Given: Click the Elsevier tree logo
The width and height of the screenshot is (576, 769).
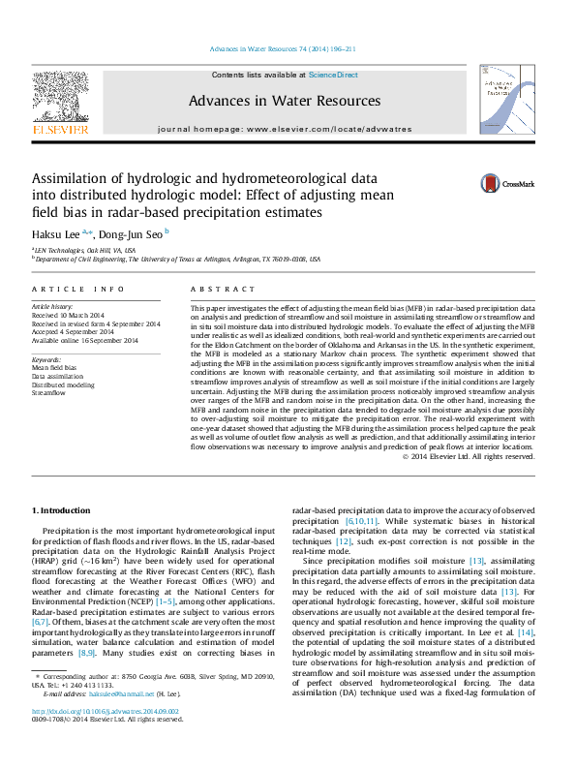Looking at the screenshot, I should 61,97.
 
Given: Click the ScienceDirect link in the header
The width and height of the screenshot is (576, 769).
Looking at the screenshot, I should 333,75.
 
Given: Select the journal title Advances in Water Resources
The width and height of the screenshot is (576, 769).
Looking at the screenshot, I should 284,101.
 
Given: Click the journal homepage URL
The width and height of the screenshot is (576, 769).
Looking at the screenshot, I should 329,129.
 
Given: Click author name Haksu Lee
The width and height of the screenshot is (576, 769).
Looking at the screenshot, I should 56,233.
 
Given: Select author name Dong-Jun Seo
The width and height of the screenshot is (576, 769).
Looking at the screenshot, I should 132,233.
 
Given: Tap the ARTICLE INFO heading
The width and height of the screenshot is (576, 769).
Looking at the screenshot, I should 77,290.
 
